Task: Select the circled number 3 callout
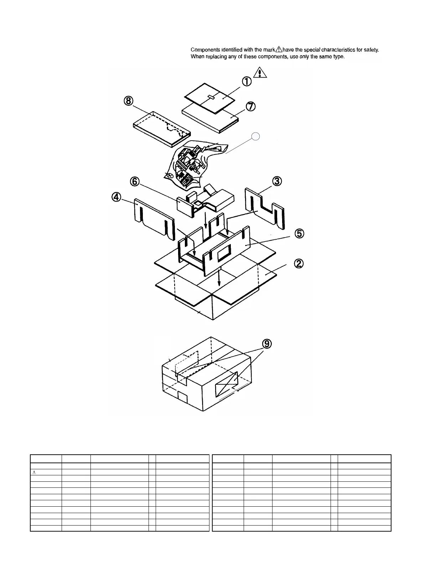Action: (277, 181)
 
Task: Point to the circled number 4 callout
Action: (116, 197)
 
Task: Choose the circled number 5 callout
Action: (299, 234)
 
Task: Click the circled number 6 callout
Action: (134, 181)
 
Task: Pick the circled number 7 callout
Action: (251, 106)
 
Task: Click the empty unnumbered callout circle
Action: (255, 136)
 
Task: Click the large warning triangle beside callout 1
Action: (260, 72)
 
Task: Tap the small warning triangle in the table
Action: (35, 472)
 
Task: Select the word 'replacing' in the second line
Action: (216, 57)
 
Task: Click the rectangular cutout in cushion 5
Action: (224, 254)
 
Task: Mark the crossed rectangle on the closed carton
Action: (227, 384)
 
